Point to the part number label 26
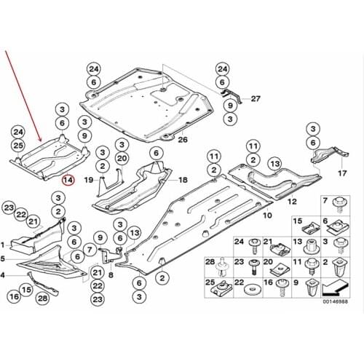coord(182,139)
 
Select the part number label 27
coord(255,98)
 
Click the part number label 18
coord(182,179)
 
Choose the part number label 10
coord(266,215)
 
